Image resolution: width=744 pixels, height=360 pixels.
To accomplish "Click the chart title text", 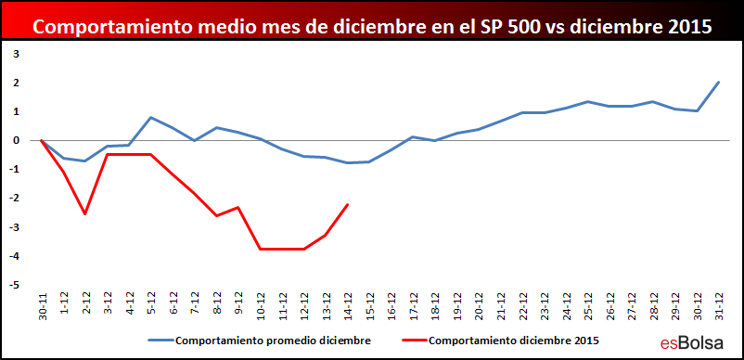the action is [x=373, y=26].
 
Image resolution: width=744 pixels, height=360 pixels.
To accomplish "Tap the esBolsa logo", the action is [x=692, y=342].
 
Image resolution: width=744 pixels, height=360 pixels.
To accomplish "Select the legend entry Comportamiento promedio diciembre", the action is [x=260, y=341].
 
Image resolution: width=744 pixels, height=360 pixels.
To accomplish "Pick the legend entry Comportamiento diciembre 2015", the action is [x=500, y=341].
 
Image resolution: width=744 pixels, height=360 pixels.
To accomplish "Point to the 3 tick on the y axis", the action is [x=16, y=54].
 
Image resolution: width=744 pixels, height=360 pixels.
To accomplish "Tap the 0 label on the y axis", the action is [x=16, y=140].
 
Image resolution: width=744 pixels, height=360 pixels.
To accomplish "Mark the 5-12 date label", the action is [x=152, y=307].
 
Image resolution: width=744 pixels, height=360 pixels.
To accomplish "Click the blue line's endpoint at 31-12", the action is [x=719, y=82].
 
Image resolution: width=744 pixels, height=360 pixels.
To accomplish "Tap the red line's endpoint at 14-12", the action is [x=348, y=204].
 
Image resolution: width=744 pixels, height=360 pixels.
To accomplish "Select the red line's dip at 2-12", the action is [x=85, y=214].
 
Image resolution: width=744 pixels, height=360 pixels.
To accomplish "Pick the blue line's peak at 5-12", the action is [x=150, y=117].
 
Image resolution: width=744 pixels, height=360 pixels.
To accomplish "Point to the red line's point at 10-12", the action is [x=260, y=249].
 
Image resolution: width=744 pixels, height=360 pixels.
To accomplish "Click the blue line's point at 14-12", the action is [x=348, y=162].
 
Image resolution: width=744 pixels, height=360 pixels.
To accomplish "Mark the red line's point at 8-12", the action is [x=216, y=216].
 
